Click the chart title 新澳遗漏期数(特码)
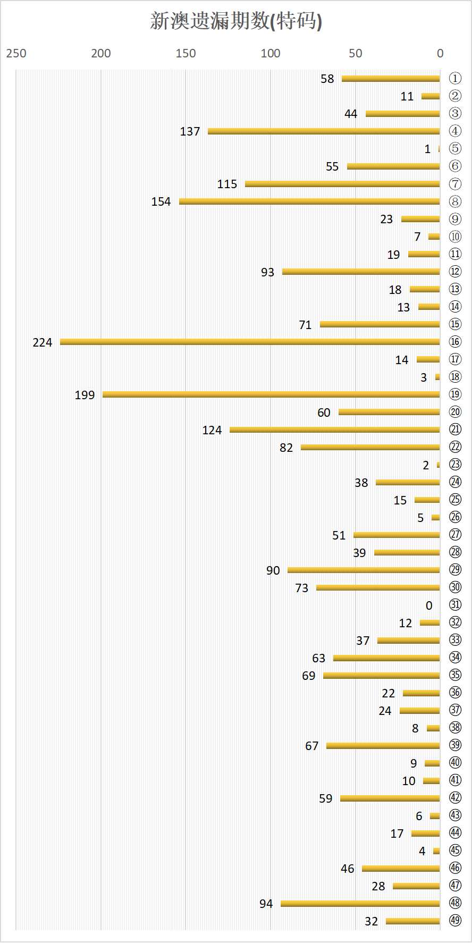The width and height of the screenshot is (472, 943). [x=236, y=21]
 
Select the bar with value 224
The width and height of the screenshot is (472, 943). [x=250, y=342]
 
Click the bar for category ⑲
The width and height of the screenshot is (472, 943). [x=271, y=394]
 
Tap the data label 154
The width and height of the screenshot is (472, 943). [x=161, y=201]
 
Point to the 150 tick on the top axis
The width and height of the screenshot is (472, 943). [x=186, y=53]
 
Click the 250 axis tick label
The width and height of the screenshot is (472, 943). [x=16, y=53]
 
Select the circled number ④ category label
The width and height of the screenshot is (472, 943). [x=455, y=131]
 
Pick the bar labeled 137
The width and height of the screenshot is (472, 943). [x=324, y=131]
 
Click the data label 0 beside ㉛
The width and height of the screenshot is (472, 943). [x=429, y=605]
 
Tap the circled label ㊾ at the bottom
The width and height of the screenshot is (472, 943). [x=455, y=920]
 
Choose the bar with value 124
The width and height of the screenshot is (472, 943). [x=335, y=430]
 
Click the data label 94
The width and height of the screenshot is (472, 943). [x=266, y=904]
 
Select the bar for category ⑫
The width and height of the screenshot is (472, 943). [x=361, y=272]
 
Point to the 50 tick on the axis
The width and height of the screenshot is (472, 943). [x=355, y=53]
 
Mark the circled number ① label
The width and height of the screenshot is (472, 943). [x=455, y=78]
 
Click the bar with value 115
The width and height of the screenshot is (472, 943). [x=342, y=184]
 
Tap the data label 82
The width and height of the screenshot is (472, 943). [x=286, y=448]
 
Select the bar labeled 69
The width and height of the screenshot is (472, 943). [x=382, y=676]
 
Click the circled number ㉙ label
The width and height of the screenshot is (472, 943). [x=455, y=569]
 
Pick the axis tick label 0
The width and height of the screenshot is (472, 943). [x=440, y=53]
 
